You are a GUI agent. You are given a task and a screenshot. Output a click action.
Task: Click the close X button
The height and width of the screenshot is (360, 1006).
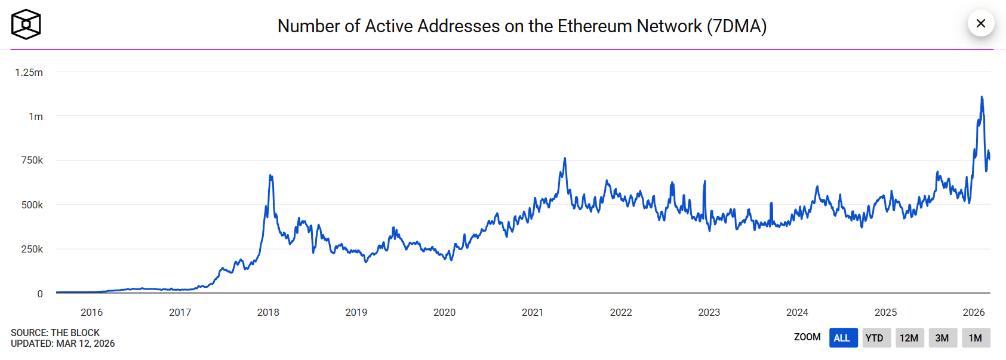(x=980, y=23)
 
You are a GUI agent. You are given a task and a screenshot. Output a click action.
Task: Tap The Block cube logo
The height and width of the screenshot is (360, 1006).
(x=26, y=24)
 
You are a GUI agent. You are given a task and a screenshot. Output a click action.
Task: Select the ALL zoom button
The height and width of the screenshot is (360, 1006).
(x=842, y=338)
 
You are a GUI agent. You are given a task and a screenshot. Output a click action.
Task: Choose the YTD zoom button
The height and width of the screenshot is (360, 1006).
(x=875, y=338)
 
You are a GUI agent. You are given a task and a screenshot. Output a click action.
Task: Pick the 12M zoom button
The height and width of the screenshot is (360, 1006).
(x=909, y=338)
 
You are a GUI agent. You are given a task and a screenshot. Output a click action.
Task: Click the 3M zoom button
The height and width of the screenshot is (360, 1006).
(x=942, y=338)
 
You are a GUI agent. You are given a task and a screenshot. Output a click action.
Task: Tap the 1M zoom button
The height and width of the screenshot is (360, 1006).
(x=975, y=338)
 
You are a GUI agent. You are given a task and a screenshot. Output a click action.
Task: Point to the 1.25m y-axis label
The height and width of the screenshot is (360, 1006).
(x=29, y=72)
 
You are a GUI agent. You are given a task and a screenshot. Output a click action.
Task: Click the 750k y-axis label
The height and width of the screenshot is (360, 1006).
(x=32, y=160)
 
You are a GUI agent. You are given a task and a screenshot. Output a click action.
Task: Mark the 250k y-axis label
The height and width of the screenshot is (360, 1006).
(x=32, y=249)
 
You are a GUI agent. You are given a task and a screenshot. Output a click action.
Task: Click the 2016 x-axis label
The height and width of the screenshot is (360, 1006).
(x=91, y=312)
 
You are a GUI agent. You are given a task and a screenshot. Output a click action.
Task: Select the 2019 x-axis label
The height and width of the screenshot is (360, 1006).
(x=356, y=312)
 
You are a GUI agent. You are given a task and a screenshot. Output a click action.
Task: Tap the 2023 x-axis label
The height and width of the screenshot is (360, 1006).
(x=709, y=312)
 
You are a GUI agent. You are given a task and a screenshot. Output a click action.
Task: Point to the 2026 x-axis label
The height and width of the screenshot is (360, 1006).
(x=973, y=312)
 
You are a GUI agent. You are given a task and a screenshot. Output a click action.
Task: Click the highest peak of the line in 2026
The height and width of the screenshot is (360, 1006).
(x=982, y=97)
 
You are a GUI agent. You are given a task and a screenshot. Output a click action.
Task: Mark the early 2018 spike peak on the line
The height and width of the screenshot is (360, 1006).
(x=270, y=176)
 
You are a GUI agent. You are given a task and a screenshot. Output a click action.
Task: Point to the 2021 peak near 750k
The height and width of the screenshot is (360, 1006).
(x=565, y=159)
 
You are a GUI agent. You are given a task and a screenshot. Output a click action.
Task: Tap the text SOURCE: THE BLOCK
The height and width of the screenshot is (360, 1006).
(x=55, y=333)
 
